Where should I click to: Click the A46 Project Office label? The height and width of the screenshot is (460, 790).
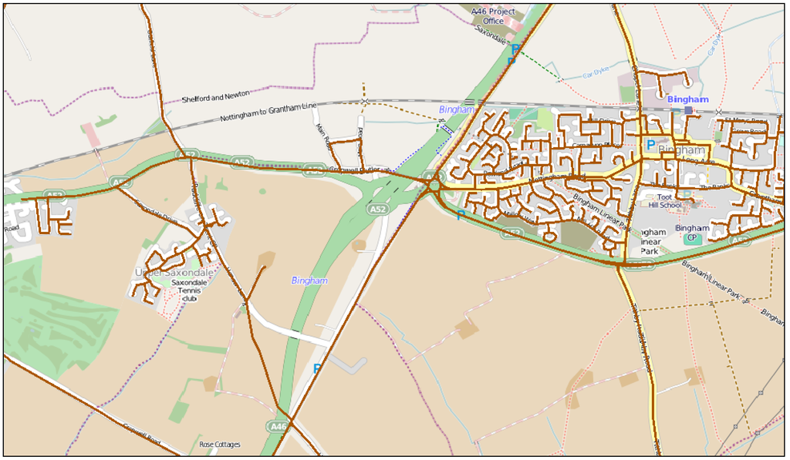tap(493, 16)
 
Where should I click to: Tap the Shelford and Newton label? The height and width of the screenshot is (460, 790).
tap(215, 96)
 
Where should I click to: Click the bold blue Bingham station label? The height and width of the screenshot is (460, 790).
tap(687, 99)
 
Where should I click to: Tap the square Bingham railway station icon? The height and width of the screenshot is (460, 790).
tap(688, 111)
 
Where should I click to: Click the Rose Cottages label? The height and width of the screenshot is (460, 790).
tap(220, 445)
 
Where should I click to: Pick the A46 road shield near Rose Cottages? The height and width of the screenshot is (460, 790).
tap(279, 426)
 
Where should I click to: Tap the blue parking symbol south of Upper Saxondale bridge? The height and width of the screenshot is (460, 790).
tap(317, 368)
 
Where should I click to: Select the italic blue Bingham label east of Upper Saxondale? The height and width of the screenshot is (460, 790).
tap(309, 280)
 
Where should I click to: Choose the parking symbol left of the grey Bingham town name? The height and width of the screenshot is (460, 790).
tap(650, 145)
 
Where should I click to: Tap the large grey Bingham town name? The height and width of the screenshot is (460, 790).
tap(682, 149)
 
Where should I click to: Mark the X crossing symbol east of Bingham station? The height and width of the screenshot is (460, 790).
tap(719, 112)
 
